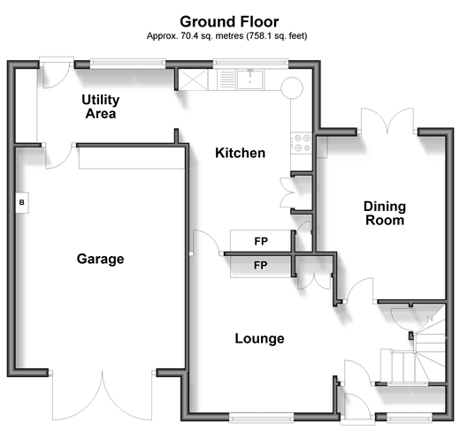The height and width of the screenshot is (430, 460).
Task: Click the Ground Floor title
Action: point(229,22)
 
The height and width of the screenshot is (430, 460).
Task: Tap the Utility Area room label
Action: point(101,107)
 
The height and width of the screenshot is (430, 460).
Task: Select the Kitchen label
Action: point(240,153)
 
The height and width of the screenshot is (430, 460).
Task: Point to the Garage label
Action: point(100,259)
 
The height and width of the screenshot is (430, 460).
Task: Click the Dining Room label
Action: point(385,213)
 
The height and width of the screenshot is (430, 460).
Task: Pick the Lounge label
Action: point(259,338)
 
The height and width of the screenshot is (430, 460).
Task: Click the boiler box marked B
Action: point(22,202)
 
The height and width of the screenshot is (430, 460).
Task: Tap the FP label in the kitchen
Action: point(261,241)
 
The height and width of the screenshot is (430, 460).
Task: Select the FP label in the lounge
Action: point(261,266)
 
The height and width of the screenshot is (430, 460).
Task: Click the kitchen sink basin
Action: point(249,79)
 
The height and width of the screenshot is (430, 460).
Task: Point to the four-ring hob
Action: point(302,143)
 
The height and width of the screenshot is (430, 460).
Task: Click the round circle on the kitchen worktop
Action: point(292,88)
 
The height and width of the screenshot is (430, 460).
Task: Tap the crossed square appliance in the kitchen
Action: point(193,79)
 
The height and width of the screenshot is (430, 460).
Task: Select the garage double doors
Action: point(103,395)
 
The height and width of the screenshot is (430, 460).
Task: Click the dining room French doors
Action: point(387,122)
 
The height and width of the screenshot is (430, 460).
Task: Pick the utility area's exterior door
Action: point(57,73)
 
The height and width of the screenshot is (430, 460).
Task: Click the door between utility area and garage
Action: point(59,156)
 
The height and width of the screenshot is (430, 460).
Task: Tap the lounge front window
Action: point(261,417)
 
